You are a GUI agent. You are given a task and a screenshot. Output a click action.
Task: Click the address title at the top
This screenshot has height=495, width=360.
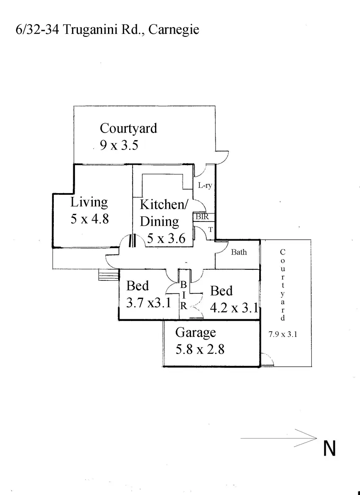point(101,30)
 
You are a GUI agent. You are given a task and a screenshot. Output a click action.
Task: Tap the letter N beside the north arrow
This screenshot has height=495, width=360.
point(330,449)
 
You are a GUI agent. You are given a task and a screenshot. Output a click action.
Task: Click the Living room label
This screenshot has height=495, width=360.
point(89,202)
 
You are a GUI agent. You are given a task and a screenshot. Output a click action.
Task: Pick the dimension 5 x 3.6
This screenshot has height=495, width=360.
point(166,239)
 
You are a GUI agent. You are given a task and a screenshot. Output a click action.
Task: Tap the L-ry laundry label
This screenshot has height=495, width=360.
point(205,186)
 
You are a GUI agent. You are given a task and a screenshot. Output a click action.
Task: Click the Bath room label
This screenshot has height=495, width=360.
point(239,252)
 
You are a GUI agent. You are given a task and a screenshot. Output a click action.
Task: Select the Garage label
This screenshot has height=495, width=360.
point(196,333)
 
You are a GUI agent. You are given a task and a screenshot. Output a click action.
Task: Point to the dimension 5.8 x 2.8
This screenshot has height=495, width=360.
point(200,349)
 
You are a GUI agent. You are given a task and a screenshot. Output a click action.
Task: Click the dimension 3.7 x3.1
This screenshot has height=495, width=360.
point(148,303)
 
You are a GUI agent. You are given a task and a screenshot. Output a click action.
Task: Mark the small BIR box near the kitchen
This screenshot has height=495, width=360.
point(202,216)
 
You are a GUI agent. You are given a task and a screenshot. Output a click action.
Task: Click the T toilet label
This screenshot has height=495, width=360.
point(210,230)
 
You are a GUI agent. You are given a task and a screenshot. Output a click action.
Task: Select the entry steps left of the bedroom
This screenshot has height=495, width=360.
point(109,276)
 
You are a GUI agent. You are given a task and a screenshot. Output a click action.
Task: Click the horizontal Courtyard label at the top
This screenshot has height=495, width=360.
point(128,128)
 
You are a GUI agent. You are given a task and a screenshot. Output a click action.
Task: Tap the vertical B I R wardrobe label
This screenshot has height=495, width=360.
point(184,296)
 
